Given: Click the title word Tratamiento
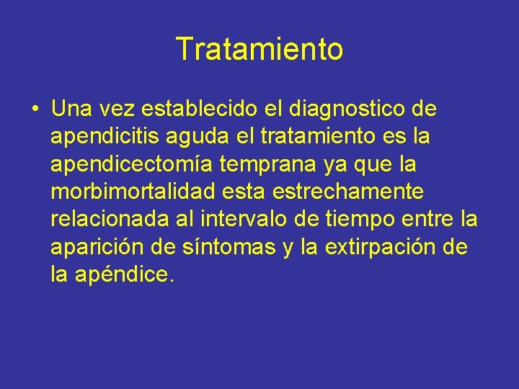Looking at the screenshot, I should [x=259, y=50].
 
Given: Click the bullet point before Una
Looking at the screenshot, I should [x=34, y=110].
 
